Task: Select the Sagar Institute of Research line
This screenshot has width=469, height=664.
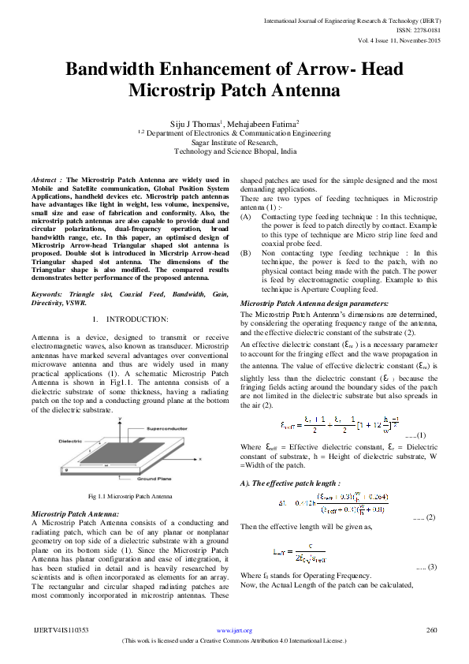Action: click(x=235, y=142)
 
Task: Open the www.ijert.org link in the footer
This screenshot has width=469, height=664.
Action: click(x=234, y=631)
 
